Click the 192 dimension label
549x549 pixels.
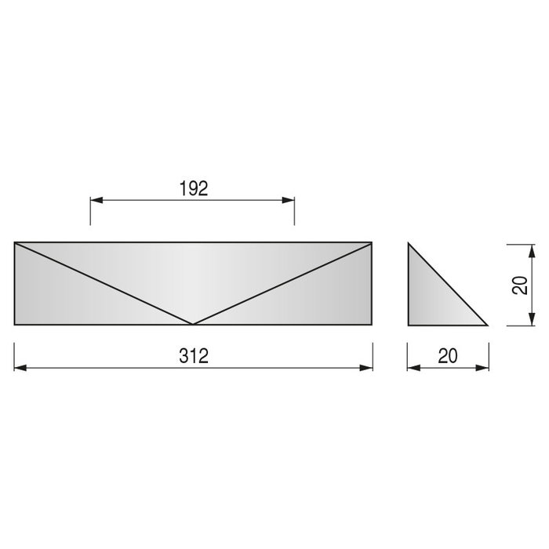(x=192, y=188)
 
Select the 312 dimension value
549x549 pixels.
(x=193, y=357)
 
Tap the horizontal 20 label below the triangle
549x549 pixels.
(x=447, y=357)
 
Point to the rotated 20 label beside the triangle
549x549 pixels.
(x=519, y=285)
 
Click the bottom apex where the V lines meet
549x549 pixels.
(x=193, y=324)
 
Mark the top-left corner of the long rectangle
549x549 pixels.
(x=15, y=242)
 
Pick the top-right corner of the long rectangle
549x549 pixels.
(x=373, y=242)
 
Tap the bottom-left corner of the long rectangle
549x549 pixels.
(x=15, y=325)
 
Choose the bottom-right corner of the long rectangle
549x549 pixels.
(x=373, y=325)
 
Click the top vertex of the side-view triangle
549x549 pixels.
(x=409, y=243)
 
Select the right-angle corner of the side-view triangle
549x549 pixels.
(x=409, y=325)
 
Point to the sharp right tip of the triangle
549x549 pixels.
(x=488, y=325)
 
